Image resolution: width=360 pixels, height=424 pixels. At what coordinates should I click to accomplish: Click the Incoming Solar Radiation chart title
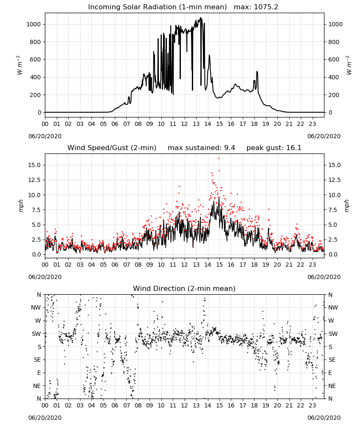158,7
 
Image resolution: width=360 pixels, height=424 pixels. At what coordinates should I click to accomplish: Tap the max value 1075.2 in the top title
266,7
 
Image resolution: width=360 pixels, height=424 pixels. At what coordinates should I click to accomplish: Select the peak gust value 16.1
293,148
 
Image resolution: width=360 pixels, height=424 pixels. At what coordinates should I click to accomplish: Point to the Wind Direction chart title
184,288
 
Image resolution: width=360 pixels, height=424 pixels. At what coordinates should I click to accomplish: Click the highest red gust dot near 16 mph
219,159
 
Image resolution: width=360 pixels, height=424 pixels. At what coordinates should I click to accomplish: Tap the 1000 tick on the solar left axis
33,24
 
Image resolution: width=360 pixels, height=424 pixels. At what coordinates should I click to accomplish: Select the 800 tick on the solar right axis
334,42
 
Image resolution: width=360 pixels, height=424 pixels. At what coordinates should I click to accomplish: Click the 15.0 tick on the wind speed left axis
35,165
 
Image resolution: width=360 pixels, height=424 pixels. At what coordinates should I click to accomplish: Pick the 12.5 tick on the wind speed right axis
334,180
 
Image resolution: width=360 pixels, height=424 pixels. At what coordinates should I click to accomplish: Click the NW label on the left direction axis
36,308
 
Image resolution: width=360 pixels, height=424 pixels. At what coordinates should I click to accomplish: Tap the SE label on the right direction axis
332,360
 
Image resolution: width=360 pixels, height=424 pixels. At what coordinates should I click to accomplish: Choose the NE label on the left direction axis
37,386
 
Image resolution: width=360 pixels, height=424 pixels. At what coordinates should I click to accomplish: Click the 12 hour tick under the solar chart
185,124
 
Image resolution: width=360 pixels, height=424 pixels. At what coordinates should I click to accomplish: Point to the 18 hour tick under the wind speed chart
254,265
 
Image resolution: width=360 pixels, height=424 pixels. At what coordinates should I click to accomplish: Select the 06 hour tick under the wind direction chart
115,405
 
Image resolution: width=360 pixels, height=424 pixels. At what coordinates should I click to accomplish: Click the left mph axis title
21,206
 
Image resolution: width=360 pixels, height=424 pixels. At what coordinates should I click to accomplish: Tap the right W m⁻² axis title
349,65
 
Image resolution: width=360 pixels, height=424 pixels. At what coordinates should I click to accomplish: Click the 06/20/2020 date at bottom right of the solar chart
324,136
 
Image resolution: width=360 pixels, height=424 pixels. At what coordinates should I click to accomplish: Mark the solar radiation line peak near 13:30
200,18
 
